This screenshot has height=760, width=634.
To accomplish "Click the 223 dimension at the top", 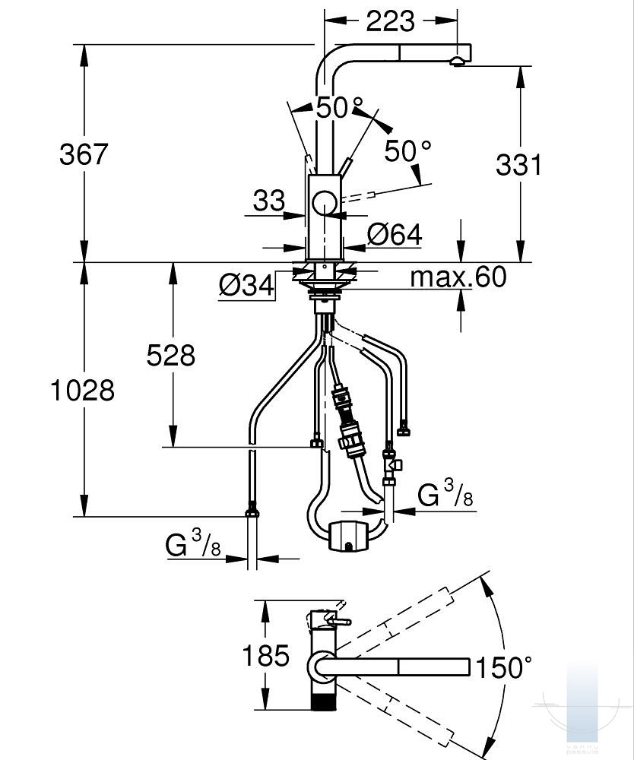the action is click(390, 21).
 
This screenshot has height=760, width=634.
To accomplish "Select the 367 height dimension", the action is click(84, 154).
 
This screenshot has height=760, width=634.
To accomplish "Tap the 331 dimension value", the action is click(518, 165).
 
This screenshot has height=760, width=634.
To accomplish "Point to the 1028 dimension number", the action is click(83, 390).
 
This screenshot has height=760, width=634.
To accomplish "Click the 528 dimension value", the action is click(170, 355).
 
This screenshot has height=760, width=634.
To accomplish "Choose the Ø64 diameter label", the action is click(395, 235).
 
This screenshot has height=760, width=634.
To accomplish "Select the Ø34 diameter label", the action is click(246, 285).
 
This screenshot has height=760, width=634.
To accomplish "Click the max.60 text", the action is click(458, 277).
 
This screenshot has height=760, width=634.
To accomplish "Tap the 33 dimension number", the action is click(269, 200).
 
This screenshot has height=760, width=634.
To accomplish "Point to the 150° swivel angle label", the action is click(504, 667).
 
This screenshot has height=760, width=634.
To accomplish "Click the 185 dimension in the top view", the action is click(265, 656).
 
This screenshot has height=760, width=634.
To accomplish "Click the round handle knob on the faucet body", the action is click(325, 202).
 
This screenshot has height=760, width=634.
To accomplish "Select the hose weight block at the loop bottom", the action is click(348, 536).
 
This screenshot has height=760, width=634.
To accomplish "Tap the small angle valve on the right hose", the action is click(391, 464).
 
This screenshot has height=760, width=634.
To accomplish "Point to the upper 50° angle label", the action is click(339, 107).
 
